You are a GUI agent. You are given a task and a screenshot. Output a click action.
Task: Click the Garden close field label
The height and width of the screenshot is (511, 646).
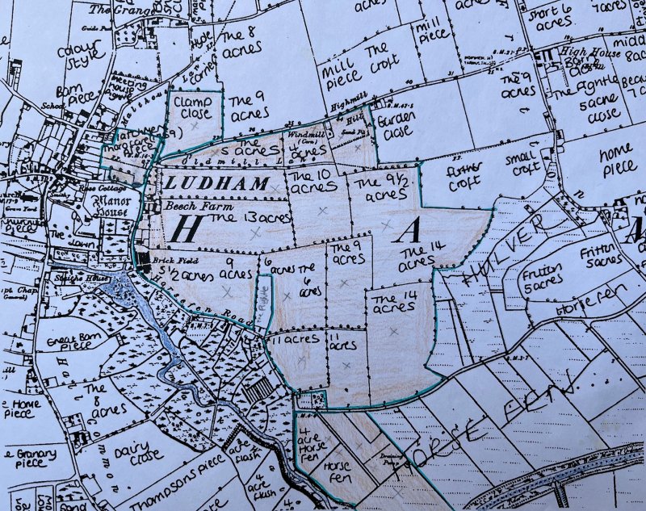tap(395, 125)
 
